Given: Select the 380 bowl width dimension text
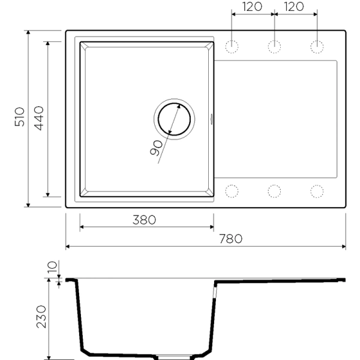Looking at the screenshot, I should pyautogui.click(x=143, y=220).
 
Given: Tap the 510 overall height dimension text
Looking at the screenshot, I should pyautogui.click(x=19, y=117).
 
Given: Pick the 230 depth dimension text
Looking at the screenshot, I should pyautogui.click(x=41, y=316).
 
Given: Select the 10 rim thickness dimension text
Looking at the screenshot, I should pyautogui.click(x=52, y=266).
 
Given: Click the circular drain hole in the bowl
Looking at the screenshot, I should pyautogui.click(x=175, y=118).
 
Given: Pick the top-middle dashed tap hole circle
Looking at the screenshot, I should pyautogui.click(x=274, y=46).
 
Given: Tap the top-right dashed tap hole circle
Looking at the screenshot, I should pyautogui.click(x=316, y=46).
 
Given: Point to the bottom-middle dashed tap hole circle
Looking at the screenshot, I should pyautogui.click(x=274, y=191).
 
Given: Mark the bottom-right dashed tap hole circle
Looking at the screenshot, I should pyautogui.click(x=316, y=191).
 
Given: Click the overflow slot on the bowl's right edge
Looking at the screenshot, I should pyautogui.click(x=212, y=118).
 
